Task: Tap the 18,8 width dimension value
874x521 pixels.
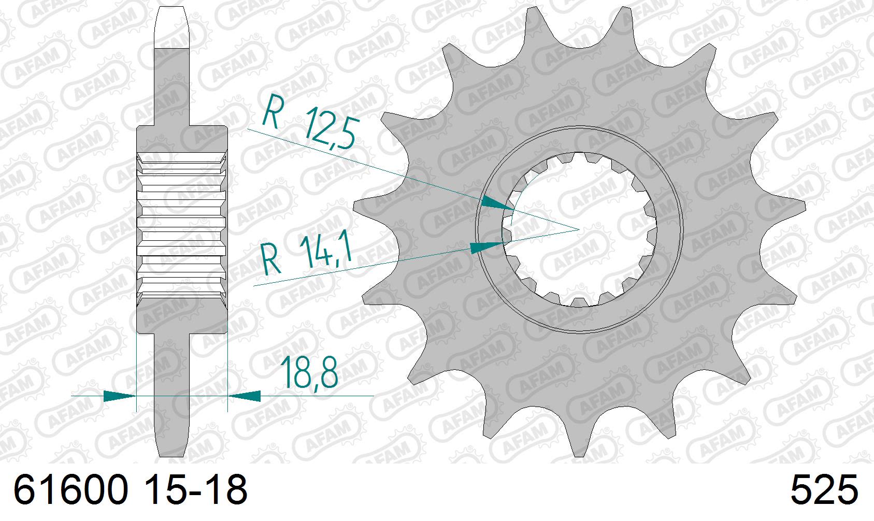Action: [309, 372]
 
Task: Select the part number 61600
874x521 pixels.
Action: [70, 490]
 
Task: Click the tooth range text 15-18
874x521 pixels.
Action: [196, 490]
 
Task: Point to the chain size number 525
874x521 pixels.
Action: [824, 490]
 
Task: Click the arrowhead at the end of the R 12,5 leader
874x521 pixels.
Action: [497, 204]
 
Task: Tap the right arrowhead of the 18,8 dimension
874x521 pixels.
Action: [245, 396]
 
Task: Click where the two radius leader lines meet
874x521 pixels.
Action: [579, 229]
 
